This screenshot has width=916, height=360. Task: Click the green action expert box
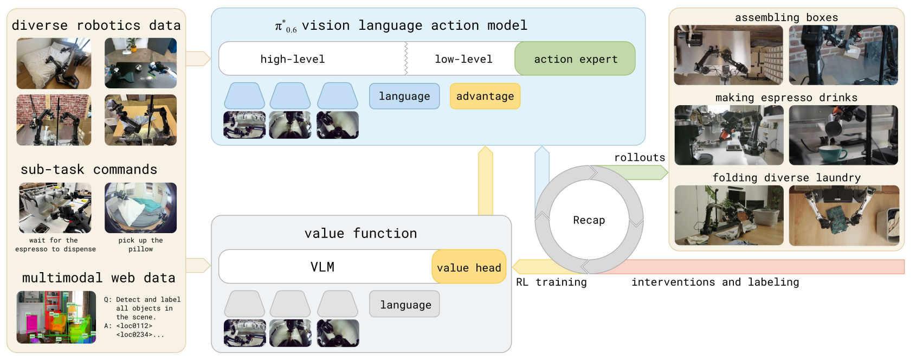point(575,59)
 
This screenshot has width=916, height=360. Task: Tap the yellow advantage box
point(485,96)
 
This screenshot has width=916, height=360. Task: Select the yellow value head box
point(469,267)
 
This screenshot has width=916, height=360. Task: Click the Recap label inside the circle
point(589,220)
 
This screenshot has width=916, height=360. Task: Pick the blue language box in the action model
point(404,96)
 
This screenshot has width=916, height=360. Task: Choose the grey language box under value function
point(404,304)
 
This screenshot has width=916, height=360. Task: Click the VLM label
point(322,267)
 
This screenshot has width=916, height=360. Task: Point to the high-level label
point(293,59)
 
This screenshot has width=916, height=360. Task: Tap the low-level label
point(463,59)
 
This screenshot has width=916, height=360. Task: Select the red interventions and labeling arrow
point(744,267)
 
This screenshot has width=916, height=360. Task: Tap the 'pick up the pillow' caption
point(141,245)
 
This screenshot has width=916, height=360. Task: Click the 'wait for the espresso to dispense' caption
point(55,245)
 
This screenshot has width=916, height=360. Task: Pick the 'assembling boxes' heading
point(786,17)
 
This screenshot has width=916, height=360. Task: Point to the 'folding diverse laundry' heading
point(786,177)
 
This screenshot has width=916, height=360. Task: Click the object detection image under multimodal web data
point(56,317)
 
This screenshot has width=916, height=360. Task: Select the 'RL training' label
point(551,282)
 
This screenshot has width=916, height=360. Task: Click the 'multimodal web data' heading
point(99,278)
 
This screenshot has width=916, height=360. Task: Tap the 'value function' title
point(360,233)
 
